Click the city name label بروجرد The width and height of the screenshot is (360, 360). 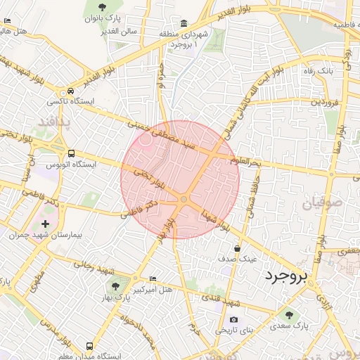pyautogui.click(x=287, y=276)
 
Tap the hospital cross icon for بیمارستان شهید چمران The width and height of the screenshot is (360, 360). pyautogui.click(x=46, y=224)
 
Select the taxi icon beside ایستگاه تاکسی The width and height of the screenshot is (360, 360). pyautogui.click(x=70, y=91)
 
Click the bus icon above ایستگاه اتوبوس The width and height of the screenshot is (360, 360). pyautogui.click(x=71, y=153)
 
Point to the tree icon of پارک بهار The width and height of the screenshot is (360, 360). pyautogui.click(x=115, y=286)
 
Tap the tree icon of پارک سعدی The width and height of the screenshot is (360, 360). pyautogui.click(x=289, y=315)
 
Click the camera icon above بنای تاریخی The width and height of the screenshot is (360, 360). pyautogui.click(x=233, y=319)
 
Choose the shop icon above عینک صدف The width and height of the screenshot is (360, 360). pyautogui.click(x=237, y=248)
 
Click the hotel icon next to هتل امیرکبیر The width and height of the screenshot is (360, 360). pyautogui.click(x=154, y=278)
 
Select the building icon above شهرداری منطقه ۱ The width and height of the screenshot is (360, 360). pyautogui.click(x=184, y=23)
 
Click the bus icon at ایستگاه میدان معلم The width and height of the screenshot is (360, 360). pyautogui.click(x=89, y=346)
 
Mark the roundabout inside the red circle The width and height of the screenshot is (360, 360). pyautogui.click(x=184, y=200)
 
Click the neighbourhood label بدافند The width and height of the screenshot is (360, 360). pyautogui.click(x=51, y=122)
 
